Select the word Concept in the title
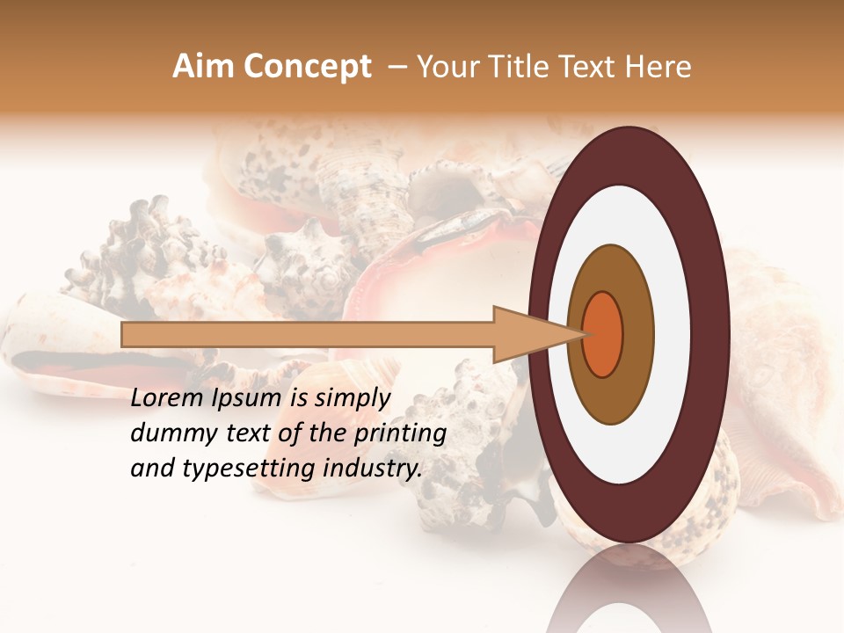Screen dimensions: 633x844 click(x=308, y=67)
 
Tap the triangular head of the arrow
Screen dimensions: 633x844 click(x=527, y=334)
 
